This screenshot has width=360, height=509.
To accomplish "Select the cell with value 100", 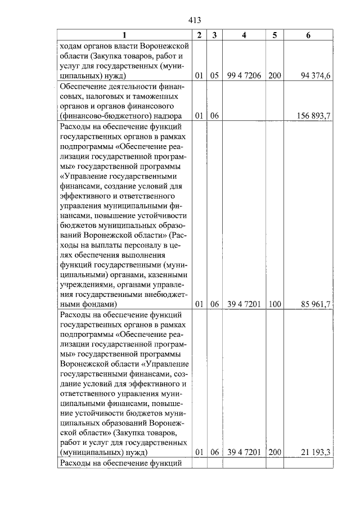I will [274, 304].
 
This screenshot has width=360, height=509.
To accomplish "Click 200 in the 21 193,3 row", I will [274, 452].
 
